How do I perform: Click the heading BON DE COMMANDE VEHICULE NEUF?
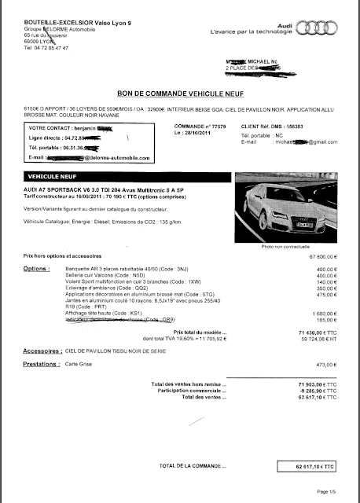point(180,93)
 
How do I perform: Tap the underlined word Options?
point(37,269)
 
